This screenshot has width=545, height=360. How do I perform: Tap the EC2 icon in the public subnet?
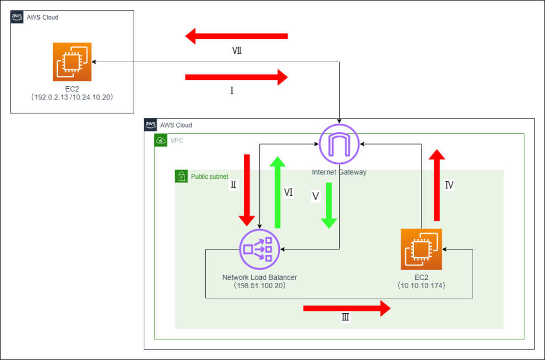pos(421,249)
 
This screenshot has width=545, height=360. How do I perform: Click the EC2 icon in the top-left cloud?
pos(72,62)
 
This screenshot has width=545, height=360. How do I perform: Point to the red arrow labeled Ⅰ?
pos(236,78)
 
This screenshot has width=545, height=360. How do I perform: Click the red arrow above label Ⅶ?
pos(236,37)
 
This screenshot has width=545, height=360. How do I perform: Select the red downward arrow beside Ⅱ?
pos(246,190)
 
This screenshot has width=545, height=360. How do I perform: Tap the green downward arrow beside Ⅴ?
pos(329,205)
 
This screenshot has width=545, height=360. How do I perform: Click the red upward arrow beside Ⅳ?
pos(437,185)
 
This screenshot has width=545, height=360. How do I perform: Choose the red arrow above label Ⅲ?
pos(347,308)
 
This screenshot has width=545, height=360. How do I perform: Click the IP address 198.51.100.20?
pos(259,286)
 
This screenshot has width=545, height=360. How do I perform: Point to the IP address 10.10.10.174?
pos(421,286)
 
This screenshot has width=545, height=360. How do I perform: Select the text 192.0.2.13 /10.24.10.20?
pos(72,98)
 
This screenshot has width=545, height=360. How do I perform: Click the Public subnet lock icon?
pos(181,176)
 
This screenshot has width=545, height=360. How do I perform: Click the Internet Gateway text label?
pos(339,172)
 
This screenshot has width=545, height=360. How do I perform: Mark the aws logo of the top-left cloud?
pos(16,17)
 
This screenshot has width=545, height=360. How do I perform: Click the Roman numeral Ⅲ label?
pos(345,318)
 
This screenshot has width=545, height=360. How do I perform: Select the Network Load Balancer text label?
pos(259,278)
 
